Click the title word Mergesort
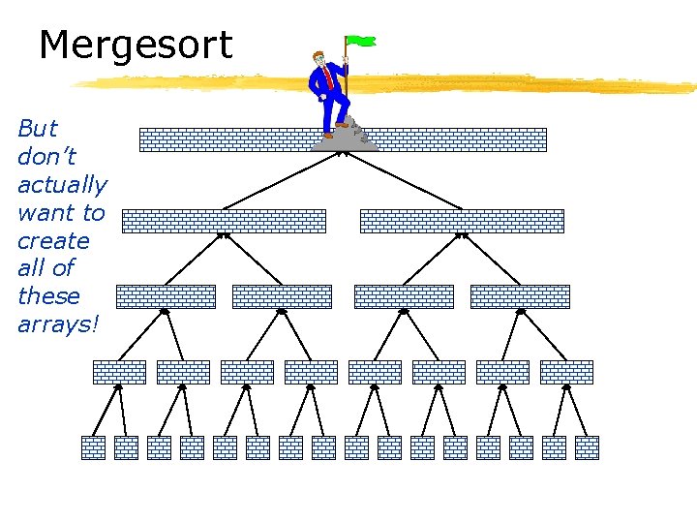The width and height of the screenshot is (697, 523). coord(136,46)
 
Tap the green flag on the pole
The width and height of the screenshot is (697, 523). coord(362,42)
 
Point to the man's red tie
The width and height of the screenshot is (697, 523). coord(330,77)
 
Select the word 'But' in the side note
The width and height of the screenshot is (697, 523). coord(38,129)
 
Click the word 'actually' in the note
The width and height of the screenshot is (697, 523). coord(62,185)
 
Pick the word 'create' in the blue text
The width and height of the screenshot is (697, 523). coord(53,240)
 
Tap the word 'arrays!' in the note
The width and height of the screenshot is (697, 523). coord(58,324)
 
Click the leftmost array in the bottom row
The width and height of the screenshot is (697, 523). coord(93,447)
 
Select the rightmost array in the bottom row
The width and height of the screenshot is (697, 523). coord(587,447)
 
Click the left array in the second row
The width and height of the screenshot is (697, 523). coord(224,221)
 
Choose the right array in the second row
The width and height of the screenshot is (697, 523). coord(462,221)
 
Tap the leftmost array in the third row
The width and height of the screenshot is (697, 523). coord(166,296)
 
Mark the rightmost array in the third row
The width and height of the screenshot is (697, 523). coord(520,296)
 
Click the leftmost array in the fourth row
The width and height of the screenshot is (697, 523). coord(119,372)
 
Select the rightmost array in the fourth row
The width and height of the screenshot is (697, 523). coord(566,372)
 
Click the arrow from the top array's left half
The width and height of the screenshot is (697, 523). coord(281,180)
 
